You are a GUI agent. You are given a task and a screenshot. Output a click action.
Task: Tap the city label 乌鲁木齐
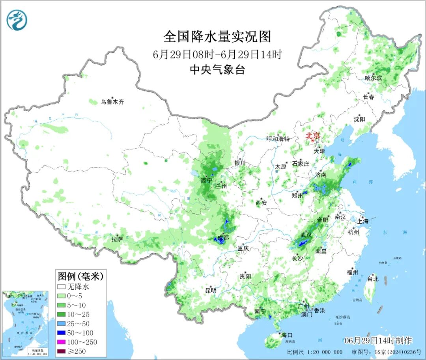pos(112,102)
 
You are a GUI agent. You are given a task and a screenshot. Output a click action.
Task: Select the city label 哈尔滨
pos(373,78)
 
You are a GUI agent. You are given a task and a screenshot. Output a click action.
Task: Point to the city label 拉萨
pos(117,239)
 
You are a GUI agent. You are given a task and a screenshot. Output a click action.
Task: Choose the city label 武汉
pos(306,235)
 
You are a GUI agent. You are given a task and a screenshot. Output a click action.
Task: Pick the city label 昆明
pos(211,291)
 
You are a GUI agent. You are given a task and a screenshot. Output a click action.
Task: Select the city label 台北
pos(373,279)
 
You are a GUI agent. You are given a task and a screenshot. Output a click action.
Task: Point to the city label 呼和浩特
pos(278,139)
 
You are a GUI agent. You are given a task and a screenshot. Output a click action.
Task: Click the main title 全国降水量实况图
pos(217,37)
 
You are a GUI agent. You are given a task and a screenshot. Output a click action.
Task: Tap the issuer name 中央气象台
pos(217,70)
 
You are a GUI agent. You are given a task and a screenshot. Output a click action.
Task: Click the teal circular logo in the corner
pos(17,20)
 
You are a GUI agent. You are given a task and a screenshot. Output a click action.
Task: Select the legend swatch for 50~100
pos(61,333)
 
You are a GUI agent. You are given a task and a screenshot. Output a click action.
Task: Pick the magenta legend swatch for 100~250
pos(61,342)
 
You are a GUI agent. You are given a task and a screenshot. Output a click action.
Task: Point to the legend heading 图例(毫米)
pos(80,275)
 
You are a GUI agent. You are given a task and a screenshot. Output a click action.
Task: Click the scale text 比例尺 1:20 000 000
pos(315,352)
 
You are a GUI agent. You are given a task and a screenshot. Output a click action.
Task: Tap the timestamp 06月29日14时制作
pos(378,340)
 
